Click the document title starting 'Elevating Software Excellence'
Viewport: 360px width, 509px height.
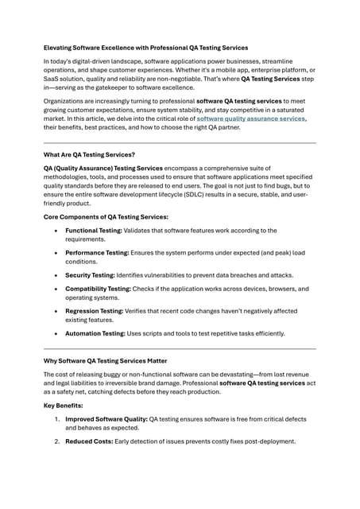[145, 48]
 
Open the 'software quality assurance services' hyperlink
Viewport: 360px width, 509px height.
[251, 118]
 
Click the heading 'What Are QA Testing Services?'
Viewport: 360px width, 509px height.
[89, 154]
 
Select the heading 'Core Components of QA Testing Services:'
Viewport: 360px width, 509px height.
[106, 217]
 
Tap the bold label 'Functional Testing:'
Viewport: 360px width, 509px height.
[94, 231]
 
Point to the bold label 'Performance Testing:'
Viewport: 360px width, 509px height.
[97, 252]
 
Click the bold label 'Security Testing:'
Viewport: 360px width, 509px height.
[90, 274]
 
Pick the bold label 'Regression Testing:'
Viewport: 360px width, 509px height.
[94, 311]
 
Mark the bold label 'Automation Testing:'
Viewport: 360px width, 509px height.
[95, 333]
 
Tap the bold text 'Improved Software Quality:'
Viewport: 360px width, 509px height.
[106, 418]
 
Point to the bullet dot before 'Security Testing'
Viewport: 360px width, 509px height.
[55, 275]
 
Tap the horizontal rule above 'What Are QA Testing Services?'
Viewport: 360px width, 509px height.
[180, 142]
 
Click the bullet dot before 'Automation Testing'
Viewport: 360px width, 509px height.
[55, 333]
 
